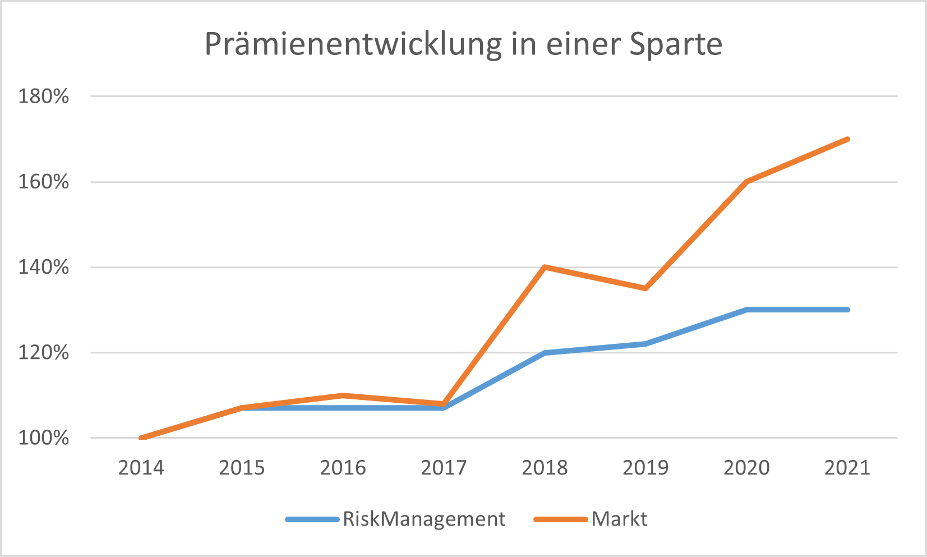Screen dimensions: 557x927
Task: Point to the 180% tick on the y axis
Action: (x=44, y=96)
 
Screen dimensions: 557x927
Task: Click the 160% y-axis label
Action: (x=44, y=182)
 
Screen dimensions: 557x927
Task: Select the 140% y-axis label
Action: (x=44, y=267)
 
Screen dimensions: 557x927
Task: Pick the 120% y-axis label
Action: (x=44, y=353)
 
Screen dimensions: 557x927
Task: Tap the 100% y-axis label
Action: (x=44, y=438)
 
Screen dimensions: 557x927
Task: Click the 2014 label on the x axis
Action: (x=141, y=468)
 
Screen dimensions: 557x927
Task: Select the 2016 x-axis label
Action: (x=343, y=468)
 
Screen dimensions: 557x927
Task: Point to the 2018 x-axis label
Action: (x=545, y=468)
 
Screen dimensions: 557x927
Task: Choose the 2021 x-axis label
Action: (x=847, y=468)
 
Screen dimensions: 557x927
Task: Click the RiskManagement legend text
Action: (x=424, y=519)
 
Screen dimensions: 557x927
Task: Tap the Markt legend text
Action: (x=619, y=519)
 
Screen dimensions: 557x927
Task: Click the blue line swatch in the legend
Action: (x=312, y=519)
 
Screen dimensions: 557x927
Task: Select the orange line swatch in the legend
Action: (x=560, y=519)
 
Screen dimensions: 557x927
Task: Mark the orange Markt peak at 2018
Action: (x=545, y=267)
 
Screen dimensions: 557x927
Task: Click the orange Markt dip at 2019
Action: (x=645, y=288)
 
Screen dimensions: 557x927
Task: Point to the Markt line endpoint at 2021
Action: (x=847, y=139)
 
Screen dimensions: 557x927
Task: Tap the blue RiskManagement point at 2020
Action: (x=746, y=310)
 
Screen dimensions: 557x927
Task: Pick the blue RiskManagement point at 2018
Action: (x=545, y=353)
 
